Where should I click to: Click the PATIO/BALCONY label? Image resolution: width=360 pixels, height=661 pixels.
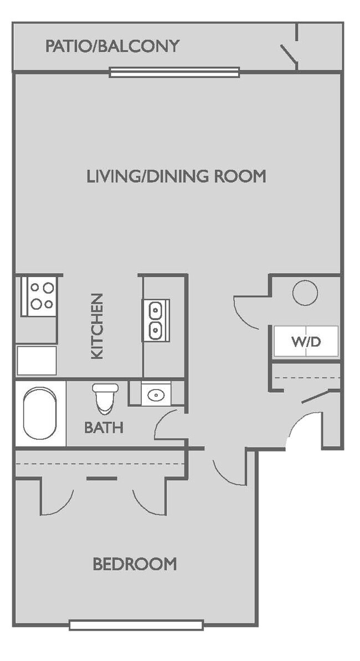click(x=112, y=45)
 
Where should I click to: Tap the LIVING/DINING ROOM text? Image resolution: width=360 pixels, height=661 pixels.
click(x=176, y=176)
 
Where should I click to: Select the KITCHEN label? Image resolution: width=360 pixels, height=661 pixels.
click(x=97, y=326)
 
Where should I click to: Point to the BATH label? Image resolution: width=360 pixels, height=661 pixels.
click(x=104, y=427)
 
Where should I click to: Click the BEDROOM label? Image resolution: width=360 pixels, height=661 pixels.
click(x=135, y=564)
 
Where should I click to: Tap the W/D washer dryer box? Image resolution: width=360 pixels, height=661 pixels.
click(x=306, y=341)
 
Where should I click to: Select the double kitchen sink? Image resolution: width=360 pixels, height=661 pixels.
click(x=156, y=320)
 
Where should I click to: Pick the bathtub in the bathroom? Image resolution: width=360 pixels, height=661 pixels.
click(x=39, y=414)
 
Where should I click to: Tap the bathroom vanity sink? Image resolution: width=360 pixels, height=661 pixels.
click(x=156, y=394)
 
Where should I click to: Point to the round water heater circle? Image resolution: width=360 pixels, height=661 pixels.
click(x=305, y=293)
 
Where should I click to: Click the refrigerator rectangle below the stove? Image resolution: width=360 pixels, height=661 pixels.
click(x=37, y=361)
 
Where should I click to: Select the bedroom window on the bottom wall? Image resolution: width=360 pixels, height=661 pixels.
click(x=136, y=624)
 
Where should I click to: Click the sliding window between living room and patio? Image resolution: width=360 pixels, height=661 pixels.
click(x=174, y=71)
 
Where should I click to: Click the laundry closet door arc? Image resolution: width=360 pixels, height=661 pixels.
click(x=246, y=310)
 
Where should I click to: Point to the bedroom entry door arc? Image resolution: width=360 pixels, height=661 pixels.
click(x=228, y=471)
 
